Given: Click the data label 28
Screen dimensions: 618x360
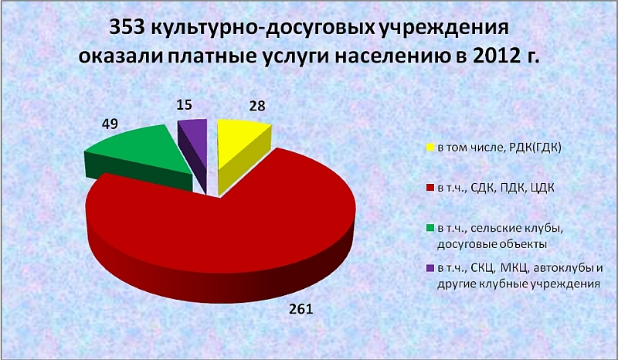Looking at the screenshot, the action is (x=257, y=106).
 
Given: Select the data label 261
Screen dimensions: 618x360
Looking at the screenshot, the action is (x=301, y=309).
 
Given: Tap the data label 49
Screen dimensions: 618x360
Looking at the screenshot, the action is (x=110, y=124).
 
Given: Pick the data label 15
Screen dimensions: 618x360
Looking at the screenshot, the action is (x=184, y=104).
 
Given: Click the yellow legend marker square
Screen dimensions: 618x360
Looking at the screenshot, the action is (x=430, y=148).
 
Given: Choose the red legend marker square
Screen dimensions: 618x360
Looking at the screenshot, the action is (x=430, y=188).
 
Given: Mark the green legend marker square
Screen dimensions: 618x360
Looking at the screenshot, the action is (x=430, y=229).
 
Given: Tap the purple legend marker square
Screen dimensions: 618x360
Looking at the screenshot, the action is (x=430, y=269).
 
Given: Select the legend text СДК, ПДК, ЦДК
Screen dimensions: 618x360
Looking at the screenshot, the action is (x=512, y=188).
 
